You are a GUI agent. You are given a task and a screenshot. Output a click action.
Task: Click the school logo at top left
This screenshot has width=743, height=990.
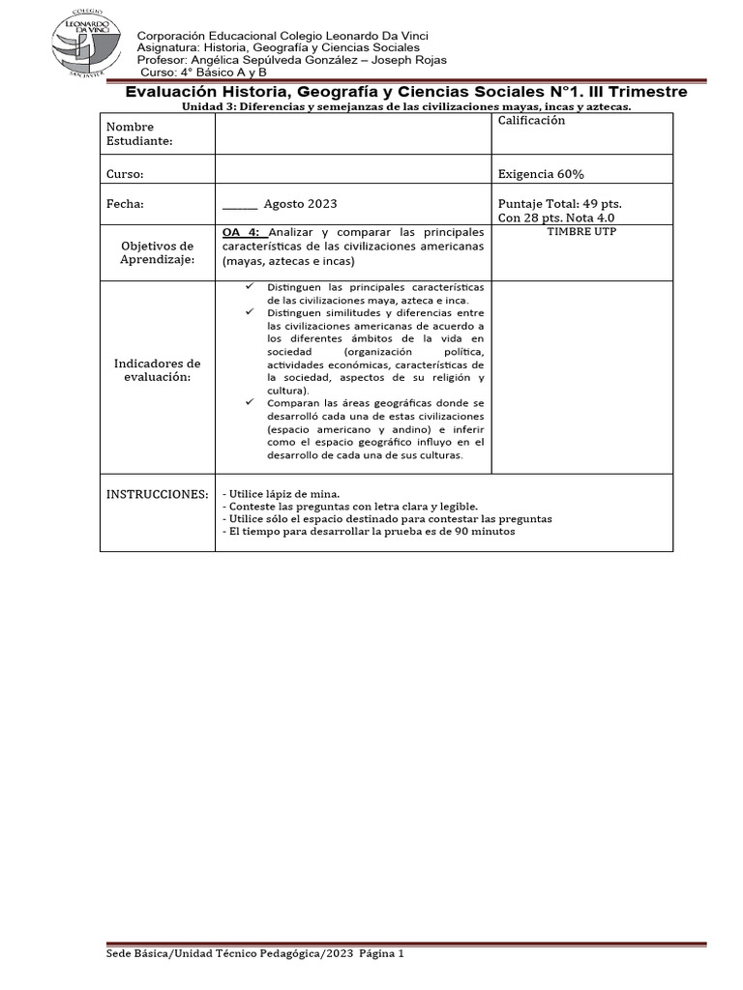coord(87,44)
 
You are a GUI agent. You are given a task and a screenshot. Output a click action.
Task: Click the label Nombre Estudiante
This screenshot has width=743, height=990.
coord(139,133)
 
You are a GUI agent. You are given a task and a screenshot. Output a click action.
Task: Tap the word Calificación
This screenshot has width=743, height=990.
coord(531,120)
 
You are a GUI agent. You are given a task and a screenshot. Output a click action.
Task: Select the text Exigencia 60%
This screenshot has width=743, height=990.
coord(540,174)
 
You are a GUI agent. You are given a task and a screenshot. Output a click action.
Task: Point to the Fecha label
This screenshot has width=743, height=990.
coord(125,204)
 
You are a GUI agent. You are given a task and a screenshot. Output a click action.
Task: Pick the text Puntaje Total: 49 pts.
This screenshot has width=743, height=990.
coord(559,204)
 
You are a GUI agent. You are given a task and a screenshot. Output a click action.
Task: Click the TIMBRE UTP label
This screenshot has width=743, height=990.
coord(581,232)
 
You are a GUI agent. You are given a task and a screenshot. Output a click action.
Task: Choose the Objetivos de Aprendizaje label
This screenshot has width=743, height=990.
coord(157,253)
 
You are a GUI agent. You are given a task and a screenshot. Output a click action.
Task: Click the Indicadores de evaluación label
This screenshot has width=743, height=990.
coord(157,370)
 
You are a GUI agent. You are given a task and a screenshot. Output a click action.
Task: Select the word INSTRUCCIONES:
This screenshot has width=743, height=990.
coord(157,494)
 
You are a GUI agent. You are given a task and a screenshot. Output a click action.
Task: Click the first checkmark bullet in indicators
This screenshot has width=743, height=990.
coord(250,287)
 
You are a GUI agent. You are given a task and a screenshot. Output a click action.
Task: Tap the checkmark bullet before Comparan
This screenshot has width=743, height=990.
coord(250,401)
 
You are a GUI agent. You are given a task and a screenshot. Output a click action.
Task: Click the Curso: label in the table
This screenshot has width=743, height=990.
coord(125,174)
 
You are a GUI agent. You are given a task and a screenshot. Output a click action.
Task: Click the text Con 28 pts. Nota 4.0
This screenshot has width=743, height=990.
coord(555,218)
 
